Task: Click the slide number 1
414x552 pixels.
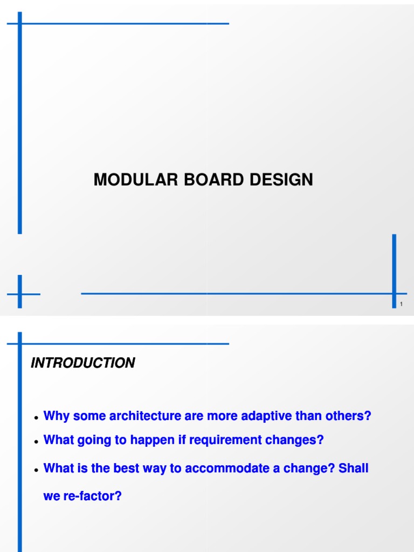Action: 401,305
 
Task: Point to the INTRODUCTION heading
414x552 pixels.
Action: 83,363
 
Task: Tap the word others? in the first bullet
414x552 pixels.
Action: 351,416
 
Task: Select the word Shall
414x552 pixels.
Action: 354,468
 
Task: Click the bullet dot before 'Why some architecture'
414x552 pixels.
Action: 36,418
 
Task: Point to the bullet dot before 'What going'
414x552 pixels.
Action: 36,442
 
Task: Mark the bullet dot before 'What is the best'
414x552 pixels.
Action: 36,470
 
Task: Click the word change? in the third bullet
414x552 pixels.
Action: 314,468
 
